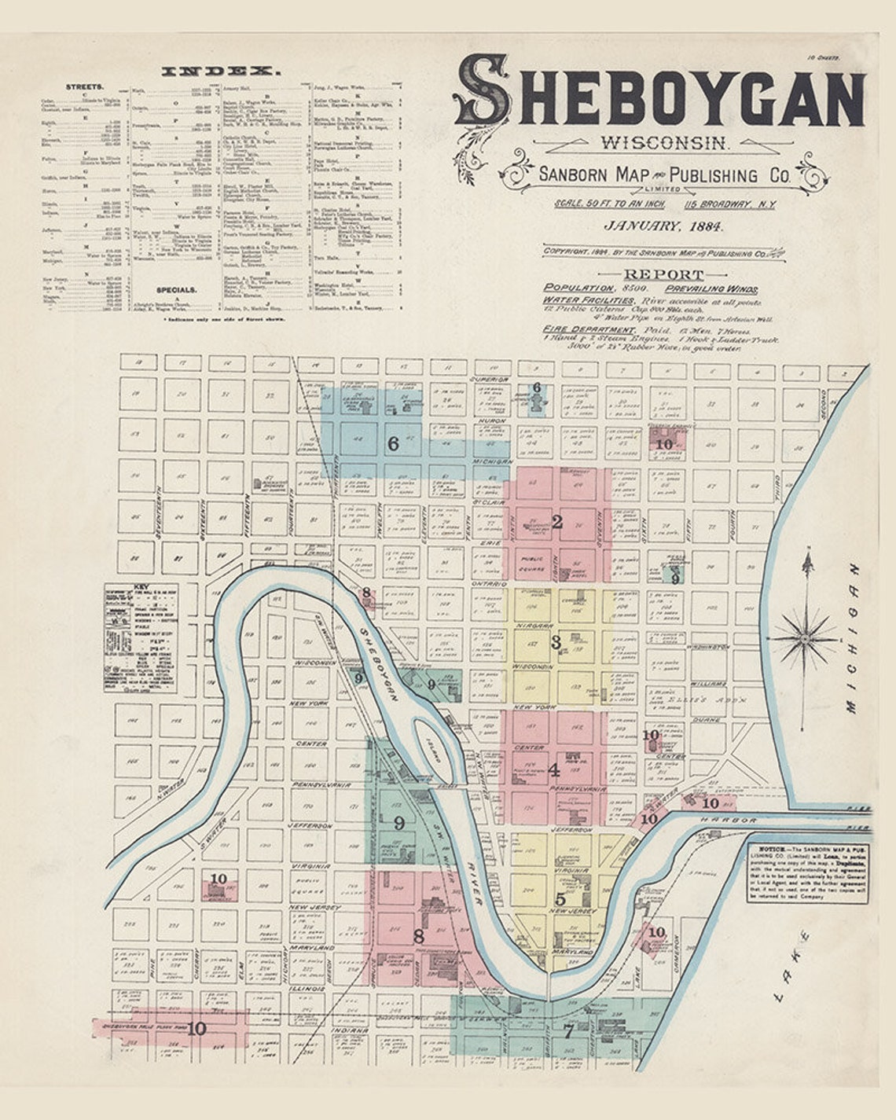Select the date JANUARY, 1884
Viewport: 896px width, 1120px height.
[x=664, y=226]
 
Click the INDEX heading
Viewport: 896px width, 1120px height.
[x=221, y=72]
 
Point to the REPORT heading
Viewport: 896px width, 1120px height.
[x=664, y=274]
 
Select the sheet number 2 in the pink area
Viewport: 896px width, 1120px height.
[x=557, y=522]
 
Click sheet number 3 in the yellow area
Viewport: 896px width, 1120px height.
[x=556, y=642]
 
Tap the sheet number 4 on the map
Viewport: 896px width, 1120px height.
[x=554, y=770]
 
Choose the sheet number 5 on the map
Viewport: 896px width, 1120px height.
[x=560, y=899]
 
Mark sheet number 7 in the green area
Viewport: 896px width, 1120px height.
[x=568, y=1031]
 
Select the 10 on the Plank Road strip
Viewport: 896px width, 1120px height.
[x=196, y=1028]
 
